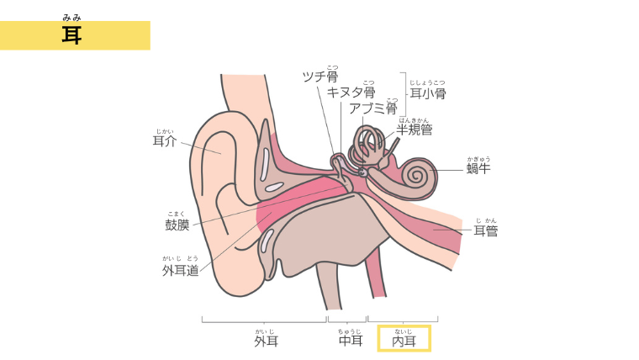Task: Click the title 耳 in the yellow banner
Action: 71,34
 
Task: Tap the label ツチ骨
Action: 319,77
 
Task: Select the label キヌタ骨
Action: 351,93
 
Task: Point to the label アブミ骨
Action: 372,109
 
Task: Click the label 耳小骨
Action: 427,93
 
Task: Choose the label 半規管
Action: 415,130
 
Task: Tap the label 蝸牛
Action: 478,168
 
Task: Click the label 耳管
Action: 485,230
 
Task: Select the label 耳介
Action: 165,141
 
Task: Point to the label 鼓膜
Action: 177,225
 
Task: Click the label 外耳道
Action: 181,270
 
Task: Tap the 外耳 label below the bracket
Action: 266,341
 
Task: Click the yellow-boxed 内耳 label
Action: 404,341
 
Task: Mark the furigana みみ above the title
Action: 71,17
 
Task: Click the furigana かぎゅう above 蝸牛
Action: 478,157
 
